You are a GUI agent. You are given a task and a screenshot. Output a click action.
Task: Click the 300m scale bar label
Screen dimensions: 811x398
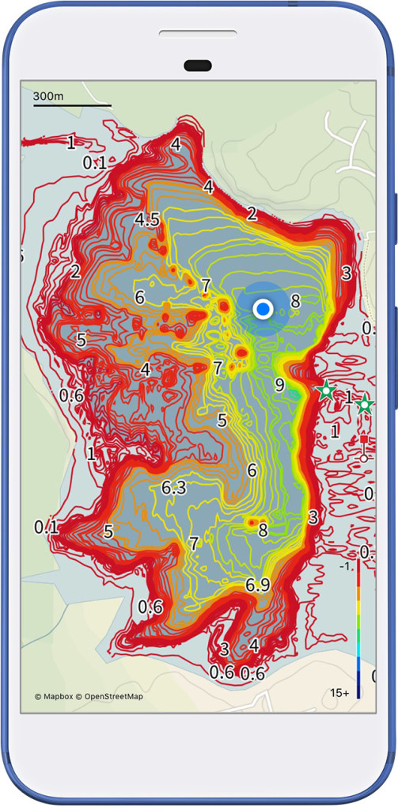pyautogui.click(x=50, y=96)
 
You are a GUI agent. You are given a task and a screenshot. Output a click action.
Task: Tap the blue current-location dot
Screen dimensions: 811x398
pyautogui.click(x=263, y=310)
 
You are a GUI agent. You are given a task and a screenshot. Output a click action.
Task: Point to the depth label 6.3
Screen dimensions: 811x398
pyautogui.click(x=173, y=488)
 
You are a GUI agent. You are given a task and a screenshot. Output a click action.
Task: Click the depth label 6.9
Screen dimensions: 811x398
pyautogui.click(x=258, y=585)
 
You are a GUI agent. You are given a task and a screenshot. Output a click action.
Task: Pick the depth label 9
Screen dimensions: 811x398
pyautogui.click(x=279, y=385)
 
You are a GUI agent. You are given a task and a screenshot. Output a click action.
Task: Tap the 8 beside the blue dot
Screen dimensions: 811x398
pyautogui.click(x=295, y=301)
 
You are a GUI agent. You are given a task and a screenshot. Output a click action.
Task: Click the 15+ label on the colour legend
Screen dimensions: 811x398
pyautogui.click(x=340, y=693)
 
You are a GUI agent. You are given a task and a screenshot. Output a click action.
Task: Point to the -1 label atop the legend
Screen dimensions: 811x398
pyautogui.click(x=346, y=567)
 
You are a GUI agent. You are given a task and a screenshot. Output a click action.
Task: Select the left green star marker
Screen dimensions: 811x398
pyautogui.click(x=325, y=390)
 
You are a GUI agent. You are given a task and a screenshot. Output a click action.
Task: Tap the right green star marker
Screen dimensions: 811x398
pyautogui.click(x=364, y=405)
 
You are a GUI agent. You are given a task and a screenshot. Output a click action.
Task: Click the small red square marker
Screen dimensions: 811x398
pyautogui.click(x=363, y=439)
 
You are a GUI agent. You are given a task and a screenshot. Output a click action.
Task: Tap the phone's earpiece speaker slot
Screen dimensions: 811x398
pyautogui.click(x=198, y=34)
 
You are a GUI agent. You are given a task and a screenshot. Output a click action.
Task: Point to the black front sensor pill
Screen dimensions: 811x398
pyautogui.click(x=198, y=65)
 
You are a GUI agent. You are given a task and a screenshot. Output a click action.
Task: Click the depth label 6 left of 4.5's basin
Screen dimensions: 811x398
pyautogui.click(x=140, y=298)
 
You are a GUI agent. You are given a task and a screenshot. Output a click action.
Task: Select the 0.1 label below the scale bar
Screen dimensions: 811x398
pyautogui.click(x=94, y=162)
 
